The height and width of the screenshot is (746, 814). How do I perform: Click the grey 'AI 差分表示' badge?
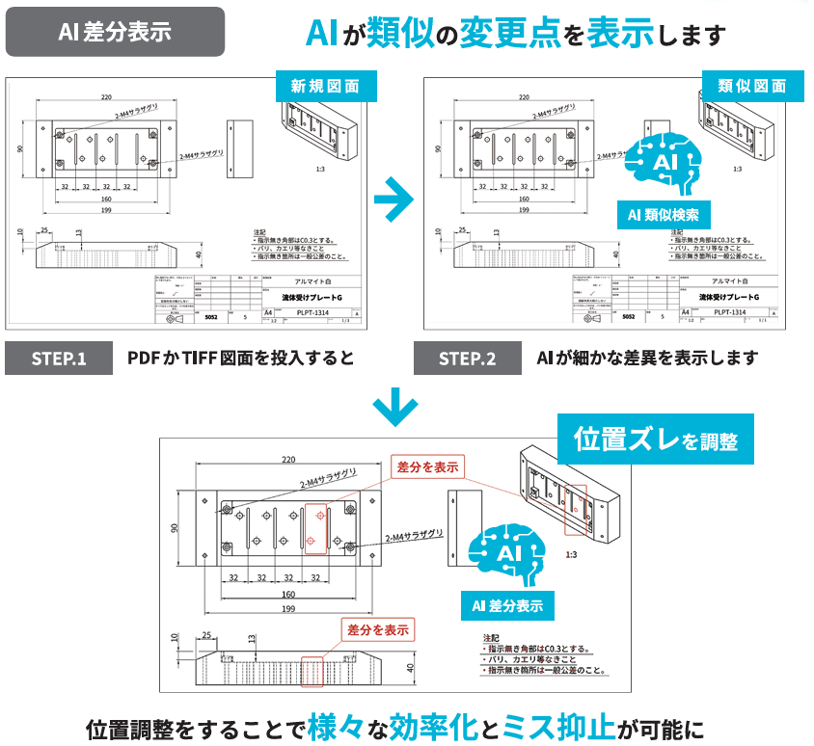pyautogui.click(x=116, y=32)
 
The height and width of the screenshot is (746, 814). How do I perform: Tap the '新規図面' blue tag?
pyautogui.click(x=325, y=86)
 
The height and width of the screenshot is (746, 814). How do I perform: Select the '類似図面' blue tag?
pyautogui.click(x=752, y=86)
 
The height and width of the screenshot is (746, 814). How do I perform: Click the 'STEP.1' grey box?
pyautogui.click(x=59, y=359)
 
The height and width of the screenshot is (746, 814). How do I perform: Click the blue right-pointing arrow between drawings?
pyautogui.click(x=393, y=199)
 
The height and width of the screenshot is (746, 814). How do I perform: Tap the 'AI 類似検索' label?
pyautogui.click(x=664, y=214)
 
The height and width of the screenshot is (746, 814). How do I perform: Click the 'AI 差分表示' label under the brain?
pyautogui.click(x=507, y=606)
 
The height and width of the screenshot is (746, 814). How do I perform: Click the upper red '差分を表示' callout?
pyautogui.click(x=426, y=466)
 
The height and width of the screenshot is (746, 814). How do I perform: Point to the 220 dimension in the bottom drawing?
pyautogui.click(x=289, y=460)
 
